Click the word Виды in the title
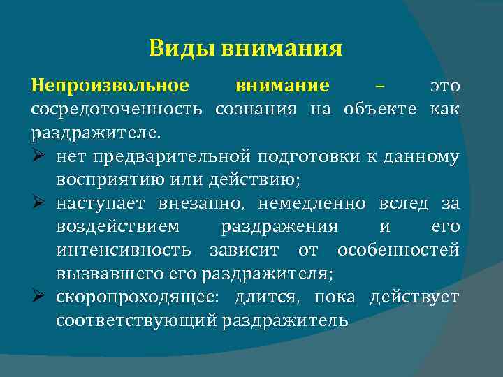181,49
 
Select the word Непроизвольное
110,86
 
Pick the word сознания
257,109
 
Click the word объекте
380,109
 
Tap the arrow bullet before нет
38,156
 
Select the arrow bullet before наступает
38,203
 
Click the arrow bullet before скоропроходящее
38,297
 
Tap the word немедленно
311,203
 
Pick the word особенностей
398,250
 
